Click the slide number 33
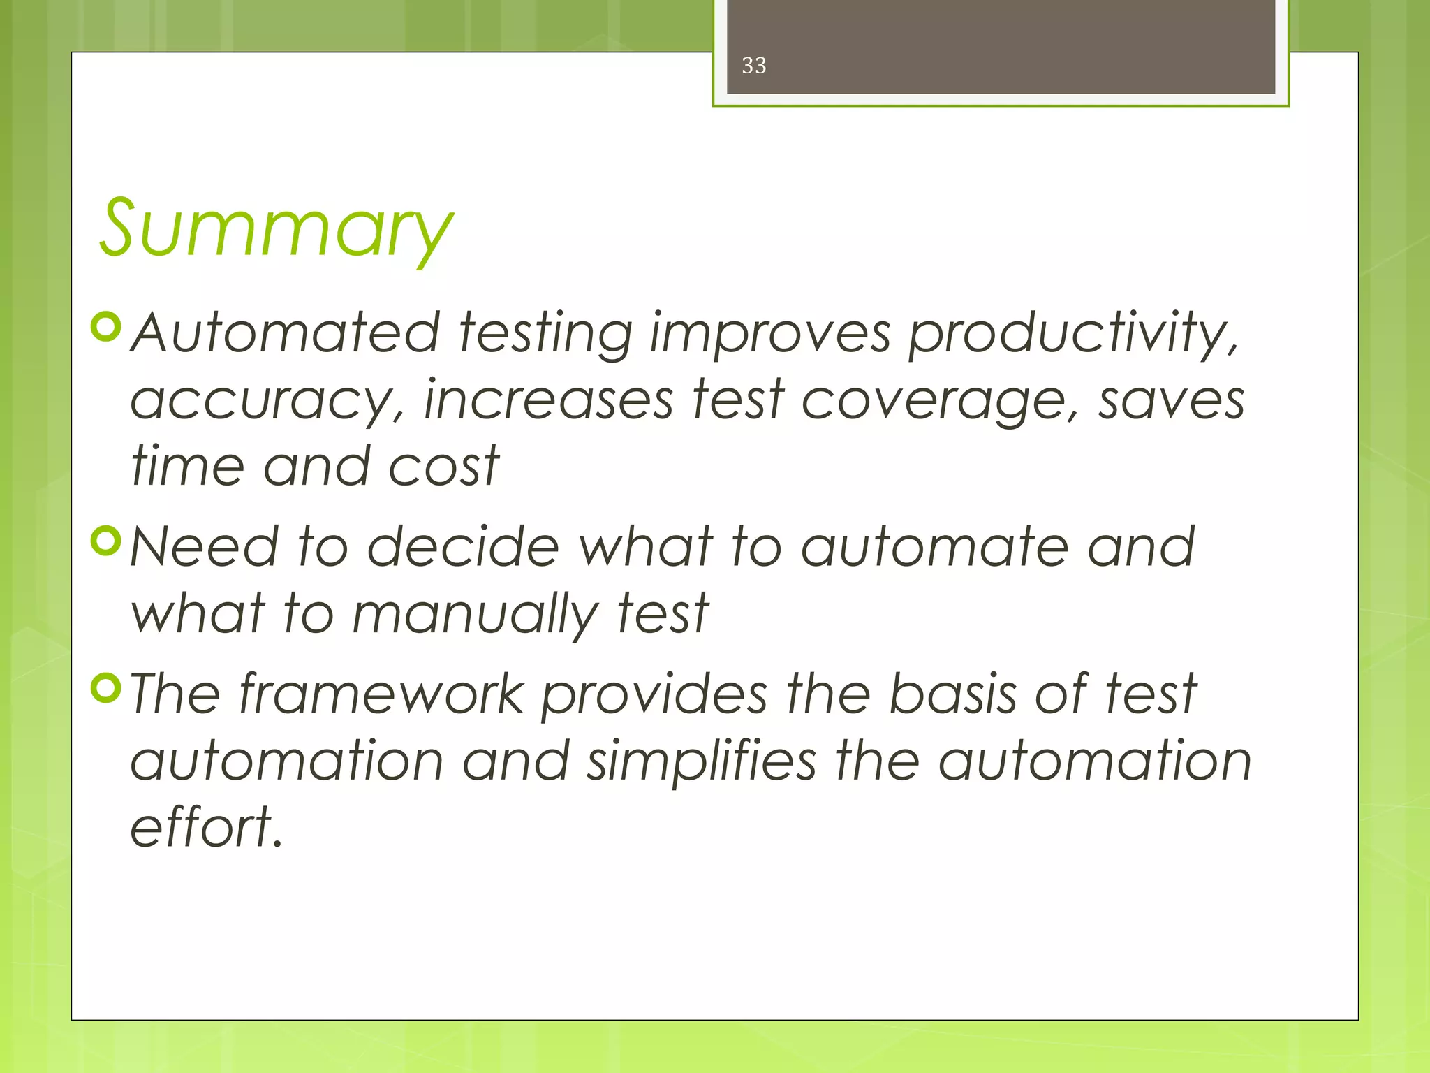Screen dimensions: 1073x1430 (x=753, y=66)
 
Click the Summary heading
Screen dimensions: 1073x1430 (x=276, y=228)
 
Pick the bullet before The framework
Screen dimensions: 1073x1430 (x=107, y=687)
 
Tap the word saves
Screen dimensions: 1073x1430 (x=1171, y=400)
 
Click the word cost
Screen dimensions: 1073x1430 (x=443, y=466)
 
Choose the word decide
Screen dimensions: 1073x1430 (x=463, y=546)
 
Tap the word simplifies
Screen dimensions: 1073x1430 (x=701, y=761)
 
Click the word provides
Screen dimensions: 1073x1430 (x=654, y=696)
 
